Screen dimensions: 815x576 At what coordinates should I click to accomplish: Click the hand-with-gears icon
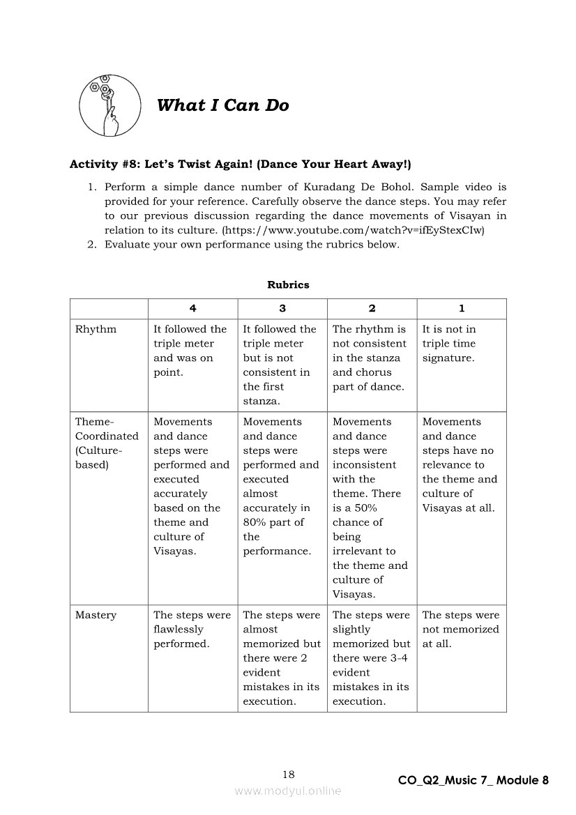106,105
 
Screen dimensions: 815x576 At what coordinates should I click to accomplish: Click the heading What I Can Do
222,105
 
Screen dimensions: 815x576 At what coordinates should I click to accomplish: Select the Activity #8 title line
240,165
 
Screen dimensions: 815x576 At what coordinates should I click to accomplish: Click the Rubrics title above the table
288,284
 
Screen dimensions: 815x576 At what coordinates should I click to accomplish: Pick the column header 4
192,308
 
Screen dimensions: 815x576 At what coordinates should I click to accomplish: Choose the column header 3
282,308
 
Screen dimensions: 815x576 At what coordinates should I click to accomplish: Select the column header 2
372,308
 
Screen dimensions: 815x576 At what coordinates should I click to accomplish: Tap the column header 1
462,308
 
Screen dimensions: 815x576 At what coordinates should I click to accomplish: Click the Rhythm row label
96,329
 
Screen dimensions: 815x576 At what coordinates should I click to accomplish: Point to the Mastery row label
96,615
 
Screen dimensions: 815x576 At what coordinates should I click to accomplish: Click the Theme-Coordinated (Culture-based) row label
107,443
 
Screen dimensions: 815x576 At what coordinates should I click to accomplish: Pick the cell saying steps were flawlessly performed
192,630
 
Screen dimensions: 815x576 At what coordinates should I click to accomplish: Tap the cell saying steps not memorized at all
460,630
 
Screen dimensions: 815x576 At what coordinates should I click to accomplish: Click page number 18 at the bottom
288,774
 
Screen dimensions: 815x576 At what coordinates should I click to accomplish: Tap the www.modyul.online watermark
288,791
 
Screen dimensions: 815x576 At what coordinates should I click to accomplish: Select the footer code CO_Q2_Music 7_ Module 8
473,780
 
